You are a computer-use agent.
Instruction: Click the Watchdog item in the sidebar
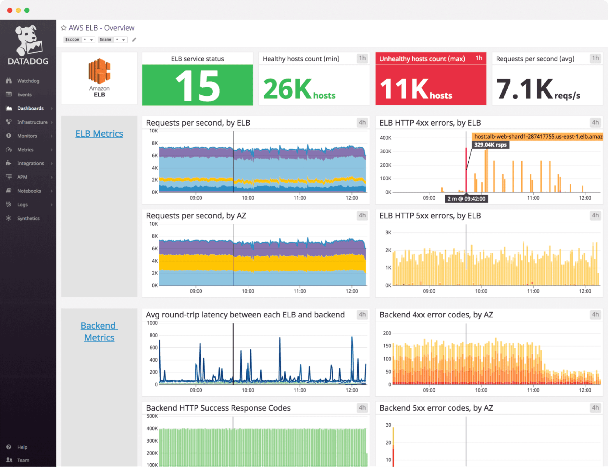coord(28,81)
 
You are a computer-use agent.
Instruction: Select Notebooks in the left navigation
coord(29,191)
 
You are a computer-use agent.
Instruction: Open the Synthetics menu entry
coord(28,218)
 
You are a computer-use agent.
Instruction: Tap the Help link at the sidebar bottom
coord(22,447)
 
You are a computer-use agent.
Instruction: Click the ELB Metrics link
coord(99,134)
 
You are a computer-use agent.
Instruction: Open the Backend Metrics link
coord(99,332)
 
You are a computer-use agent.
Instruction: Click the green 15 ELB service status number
coord(197,86)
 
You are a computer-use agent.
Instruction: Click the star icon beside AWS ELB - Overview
coord(64,28)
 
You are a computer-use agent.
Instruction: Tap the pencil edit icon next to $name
coord(134,39)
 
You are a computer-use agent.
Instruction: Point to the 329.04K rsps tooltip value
coord(490,145)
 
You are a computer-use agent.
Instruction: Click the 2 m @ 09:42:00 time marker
coord(466,199)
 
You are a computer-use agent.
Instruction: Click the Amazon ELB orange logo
coord(99,71)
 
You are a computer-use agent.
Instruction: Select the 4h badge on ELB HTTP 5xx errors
coord(595,216)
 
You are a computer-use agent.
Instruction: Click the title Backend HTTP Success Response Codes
coord(218,408)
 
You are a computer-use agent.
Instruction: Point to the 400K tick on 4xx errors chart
coord(385,138)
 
